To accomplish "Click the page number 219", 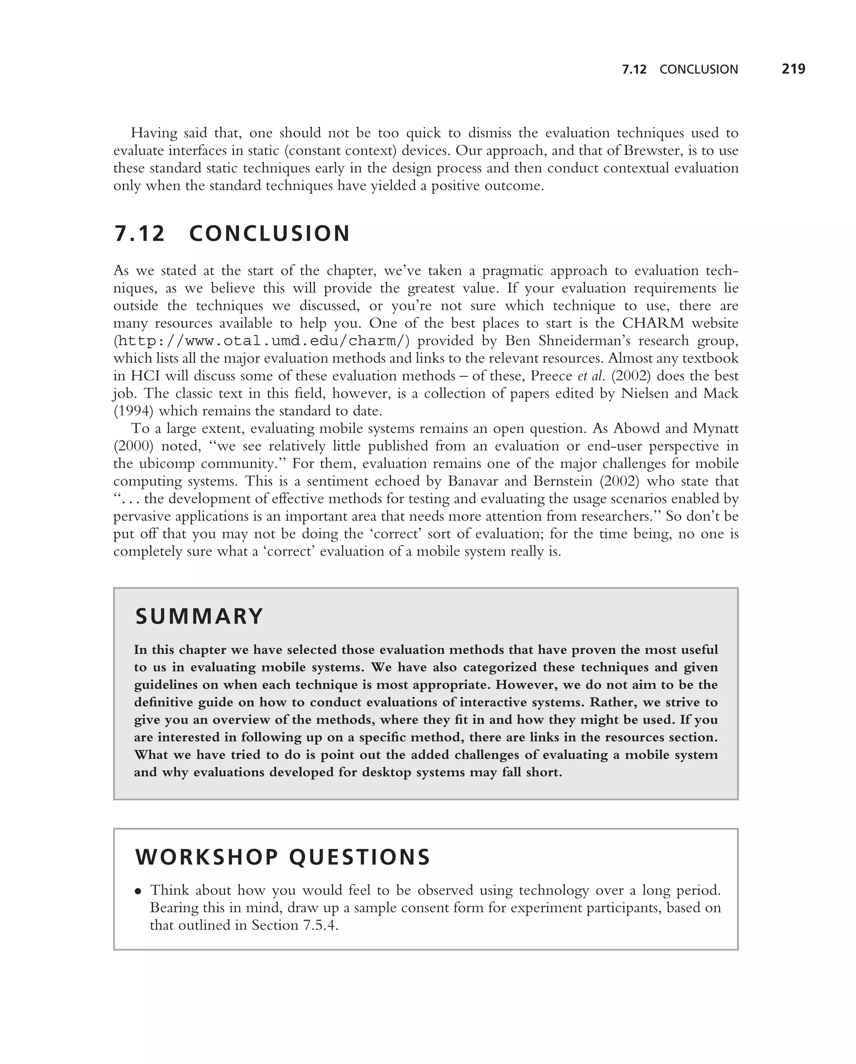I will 793,69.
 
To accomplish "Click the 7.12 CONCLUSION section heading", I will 232,234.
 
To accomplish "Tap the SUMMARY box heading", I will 199,617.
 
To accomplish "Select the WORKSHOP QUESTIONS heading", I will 283,857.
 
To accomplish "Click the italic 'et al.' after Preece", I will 591,376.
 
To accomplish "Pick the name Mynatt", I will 715,428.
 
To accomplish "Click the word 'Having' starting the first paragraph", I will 153,133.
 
